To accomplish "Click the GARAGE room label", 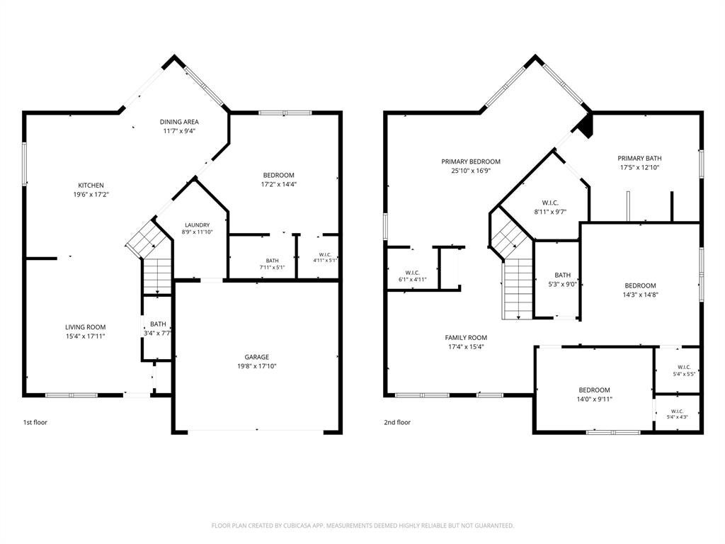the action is [x=256, y=357].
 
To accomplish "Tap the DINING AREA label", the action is [x=179, y=122].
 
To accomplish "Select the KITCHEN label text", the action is [x=91, y=185].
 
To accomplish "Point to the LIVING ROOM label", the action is [x=86, y=327].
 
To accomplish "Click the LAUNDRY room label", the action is [x=198, y=225].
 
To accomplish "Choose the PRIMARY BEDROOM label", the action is [x=471, y=161].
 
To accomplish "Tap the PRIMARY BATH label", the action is [x=639, y=158].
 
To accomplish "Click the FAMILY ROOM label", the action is [x=466, y=338].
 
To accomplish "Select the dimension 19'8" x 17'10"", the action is [x=256, y=366].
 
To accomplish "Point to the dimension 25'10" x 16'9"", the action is [x=471, y=171].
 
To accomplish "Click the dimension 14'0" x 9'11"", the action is [x=594, y=399].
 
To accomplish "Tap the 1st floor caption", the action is [x=35, y=422].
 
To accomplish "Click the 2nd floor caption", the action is [x=397, y=422].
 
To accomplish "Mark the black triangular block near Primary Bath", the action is [x=586, y=126].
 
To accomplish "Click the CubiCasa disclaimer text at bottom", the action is [x=362, y=526].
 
